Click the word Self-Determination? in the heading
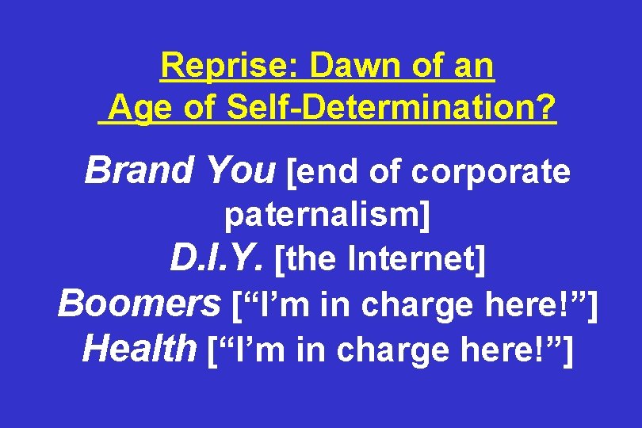pyautogui.click(x=392, y=107)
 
